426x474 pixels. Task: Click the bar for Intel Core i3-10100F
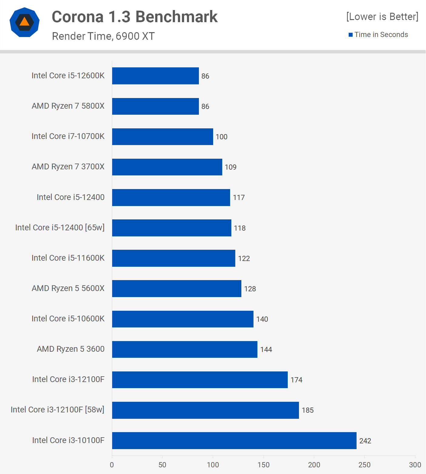point(234,440)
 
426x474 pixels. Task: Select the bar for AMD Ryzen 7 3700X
point(167,167)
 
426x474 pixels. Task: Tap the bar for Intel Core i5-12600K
point(155,76)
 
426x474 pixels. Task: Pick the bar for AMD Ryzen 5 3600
point(185,349)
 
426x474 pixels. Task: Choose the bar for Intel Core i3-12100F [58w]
point(205,410)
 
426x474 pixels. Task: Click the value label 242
point(365,441)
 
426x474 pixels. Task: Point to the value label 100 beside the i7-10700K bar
point(221,137)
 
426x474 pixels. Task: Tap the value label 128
point(250,289)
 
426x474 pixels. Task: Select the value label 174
point(296,380)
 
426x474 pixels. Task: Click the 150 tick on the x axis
point(263,465)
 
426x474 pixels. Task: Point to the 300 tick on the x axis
point(415,465)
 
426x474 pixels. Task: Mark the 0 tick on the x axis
point(112,465)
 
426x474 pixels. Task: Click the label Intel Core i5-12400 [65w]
point(60,228)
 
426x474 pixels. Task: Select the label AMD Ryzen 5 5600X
point(68,288)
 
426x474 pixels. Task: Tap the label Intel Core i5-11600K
point(68,258)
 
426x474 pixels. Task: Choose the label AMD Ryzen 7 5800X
point(68,106)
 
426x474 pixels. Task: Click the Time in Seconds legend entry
point(381,35)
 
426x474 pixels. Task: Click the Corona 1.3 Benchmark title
point(135,17)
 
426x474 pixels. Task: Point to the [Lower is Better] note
point(382,16)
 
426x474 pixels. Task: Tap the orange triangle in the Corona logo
point(25,22)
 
